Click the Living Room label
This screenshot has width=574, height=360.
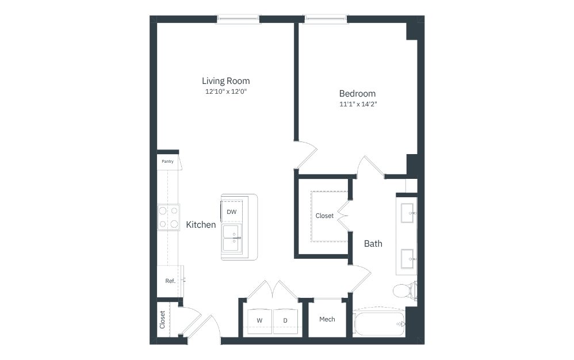[x=226, y=81]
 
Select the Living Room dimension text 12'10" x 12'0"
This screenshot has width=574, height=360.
[x=226, y=91]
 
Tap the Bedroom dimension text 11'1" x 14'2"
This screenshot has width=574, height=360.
[x=358, y=104]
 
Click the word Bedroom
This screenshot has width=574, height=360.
[x=357, y=93]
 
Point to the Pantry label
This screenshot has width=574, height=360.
[x=168, y=162]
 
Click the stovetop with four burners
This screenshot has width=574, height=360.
[x=169, y=217]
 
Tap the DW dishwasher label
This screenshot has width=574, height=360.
[x=231, y=212]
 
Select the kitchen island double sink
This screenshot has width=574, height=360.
[x=232, y=238]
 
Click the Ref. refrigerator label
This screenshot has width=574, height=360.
[x=170, y=281]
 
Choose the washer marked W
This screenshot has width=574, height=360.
[x=259, y=321]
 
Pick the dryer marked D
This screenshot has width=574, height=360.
[x=285, y=321]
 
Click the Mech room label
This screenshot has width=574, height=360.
[x=327, y=319]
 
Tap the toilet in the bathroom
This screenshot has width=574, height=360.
[x=405, y=291]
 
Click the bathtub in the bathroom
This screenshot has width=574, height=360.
[x=379, y=324]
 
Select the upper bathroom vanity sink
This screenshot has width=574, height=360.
[x=407, y=213]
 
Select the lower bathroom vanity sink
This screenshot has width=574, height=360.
[x=407, y=259]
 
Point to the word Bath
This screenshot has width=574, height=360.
[x=373, y=244]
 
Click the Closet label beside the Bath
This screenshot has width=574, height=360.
[x=325, y=216]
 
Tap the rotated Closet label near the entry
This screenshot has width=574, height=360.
[x=162, y=320]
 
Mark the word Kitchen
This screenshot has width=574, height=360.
[x=201, y=225]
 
